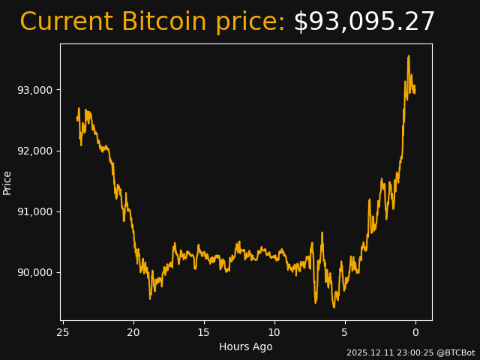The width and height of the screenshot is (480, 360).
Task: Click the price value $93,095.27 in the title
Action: tap(364, 22)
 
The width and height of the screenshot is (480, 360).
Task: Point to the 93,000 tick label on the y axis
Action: tap(34, 90)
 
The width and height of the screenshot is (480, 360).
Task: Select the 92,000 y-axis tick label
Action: tap(34, 151)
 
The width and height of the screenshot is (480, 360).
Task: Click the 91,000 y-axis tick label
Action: tap(34, 211)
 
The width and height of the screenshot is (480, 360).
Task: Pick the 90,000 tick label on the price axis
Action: tap(34, 272)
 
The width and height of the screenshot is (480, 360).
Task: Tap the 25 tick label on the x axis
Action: tap(63, 332)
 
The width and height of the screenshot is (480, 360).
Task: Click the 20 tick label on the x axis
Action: tap(133, 332)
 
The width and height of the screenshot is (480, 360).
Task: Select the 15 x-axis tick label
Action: tap(204, 332)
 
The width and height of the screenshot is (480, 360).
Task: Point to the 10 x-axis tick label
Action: tap(274, 332)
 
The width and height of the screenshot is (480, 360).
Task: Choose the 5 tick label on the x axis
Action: tap(345, 332)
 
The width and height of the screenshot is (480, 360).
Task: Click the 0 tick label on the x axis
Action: tap(415, 332)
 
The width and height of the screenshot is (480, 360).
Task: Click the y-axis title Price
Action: tap(7, 182)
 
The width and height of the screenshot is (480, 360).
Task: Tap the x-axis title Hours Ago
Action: tap(246, 346)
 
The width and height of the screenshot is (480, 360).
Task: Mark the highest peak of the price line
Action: tap(409, 55)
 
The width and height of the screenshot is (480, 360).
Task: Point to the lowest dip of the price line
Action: tap(334, 307)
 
